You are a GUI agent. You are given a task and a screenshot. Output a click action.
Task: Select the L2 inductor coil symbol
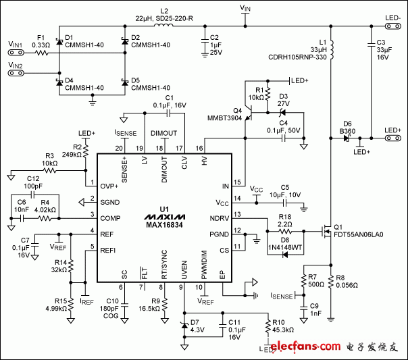pyautogui.click(x=163, y=27)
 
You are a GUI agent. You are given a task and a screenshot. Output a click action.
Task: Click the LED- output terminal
pyautogui.click(x=392, y=26)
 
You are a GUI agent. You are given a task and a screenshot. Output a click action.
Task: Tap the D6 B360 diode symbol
pyautogui.click(x=347, y=138)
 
